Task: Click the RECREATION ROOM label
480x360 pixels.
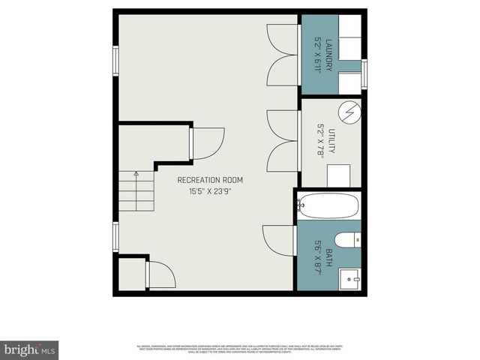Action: (210, 180)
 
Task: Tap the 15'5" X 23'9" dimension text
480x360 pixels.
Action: (210, 191)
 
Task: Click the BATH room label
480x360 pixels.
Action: (328, 254)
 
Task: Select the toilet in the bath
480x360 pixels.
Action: (347, 240)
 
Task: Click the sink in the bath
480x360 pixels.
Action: (350, 279)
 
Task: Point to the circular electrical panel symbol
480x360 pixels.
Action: (349, 113)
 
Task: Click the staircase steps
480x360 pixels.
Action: (135, 190)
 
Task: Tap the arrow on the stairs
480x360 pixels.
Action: (136, 175)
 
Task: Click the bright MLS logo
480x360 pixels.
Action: (30, 349)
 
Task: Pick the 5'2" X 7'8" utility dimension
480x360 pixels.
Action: (321, 141)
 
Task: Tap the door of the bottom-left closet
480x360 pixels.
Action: (160, 274)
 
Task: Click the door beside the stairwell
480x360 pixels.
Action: (208, 143)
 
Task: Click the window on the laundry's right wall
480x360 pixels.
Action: (364, 73)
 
